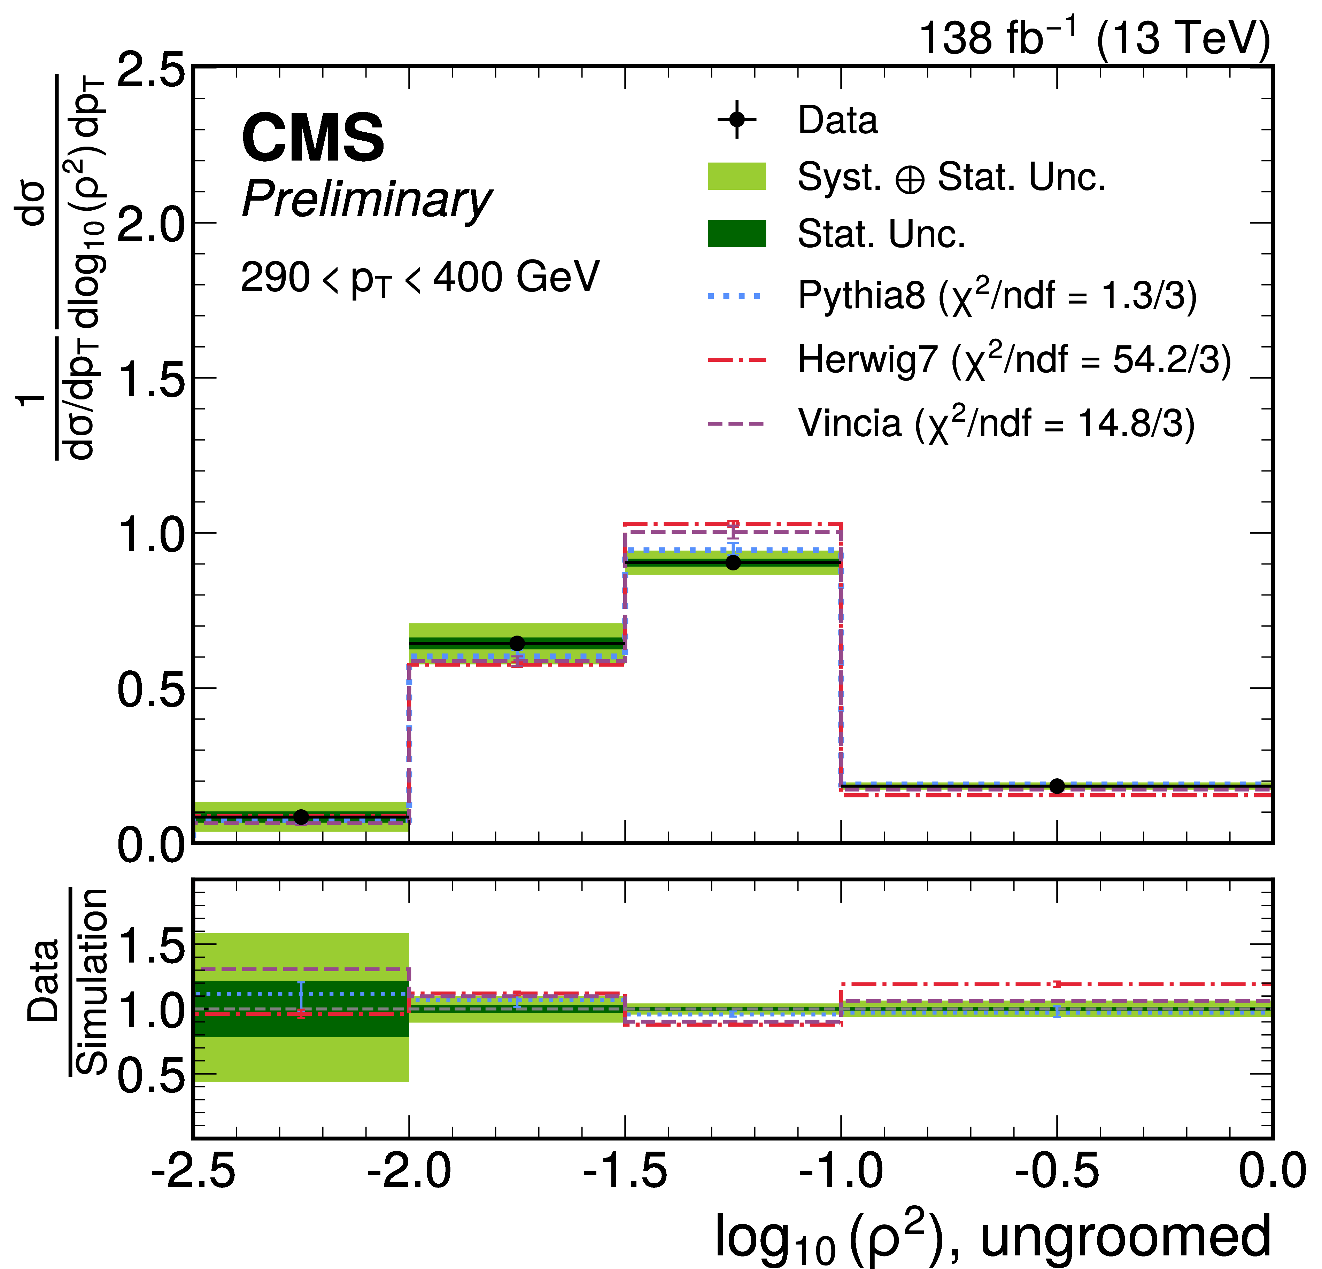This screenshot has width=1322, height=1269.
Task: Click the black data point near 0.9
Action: coord(733,562)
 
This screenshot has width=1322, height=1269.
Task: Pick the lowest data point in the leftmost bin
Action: coord(301,817)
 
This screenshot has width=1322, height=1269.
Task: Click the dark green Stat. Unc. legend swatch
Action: coord(736,233)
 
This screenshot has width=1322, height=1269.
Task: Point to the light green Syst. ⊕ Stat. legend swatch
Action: coord(736,176)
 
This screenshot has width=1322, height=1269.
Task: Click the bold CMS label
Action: coord(313,138)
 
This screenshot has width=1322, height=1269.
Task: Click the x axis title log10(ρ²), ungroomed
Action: coord(993,1237)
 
